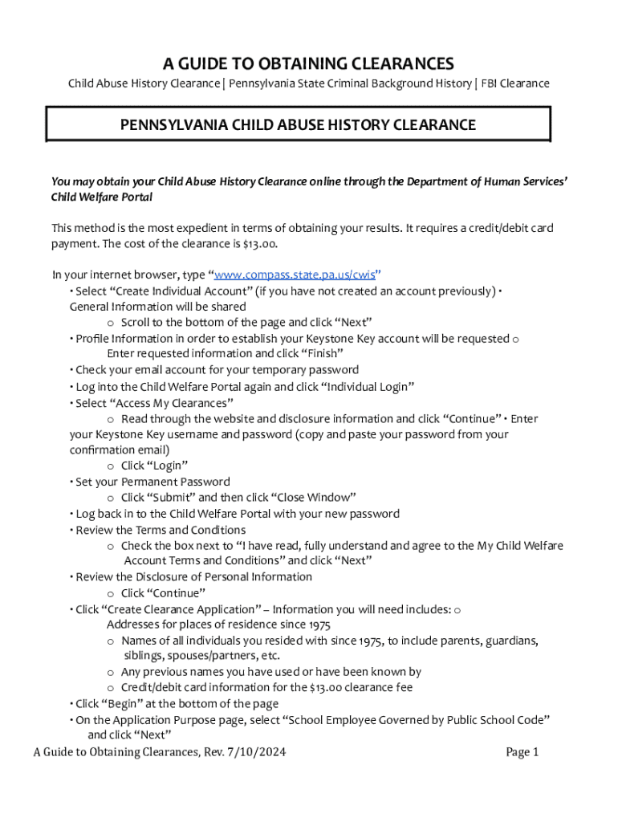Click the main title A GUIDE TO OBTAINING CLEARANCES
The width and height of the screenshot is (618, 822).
pyautogui.click(x=309, y=63)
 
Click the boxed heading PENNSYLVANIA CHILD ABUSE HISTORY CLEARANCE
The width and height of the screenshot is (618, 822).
pyautogui.click(x=298, y=125)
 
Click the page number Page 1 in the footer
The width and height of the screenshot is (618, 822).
pyautogui.click(x=522, y=752)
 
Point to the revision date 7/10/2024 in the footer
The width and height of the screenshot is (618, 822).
pyautogui.click(x=256, y=752)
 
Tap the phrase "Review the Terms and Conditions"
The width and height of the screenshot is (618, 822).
pyautogui.click(x=161, y=530)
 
